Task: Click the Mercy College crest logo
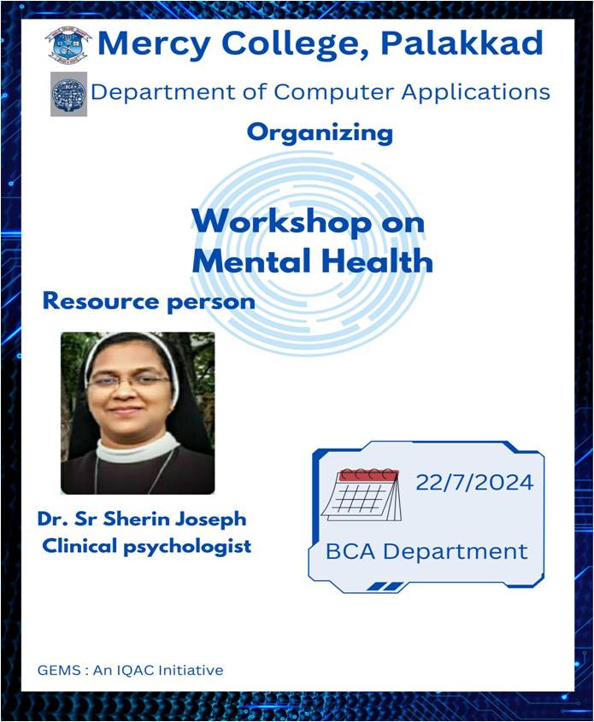pos(68,45)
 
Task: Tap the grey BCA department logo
pos(68,94)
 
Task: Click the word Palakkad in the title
pos(462,43)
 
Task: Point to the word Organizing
pos(320,133)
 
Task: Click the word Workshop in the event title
pos(281,223)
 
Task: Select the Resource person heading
pos(149,302)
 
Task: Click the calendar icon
pos(361,495)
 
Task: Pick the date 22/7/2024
pos(474,483)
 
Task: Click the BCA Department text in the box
pos(426,552)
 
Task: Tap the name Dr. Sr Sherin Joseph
pos(142,519)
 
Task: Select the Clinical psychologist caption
pos(147,547)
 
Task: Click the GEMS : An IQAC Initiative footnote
pos(130,670)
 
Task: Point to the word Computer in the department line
pos(335,92)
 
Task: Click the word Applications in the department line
pos(476,92)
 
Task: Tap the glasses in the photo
pos(128,380)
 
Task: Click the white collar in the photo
pos(138,448)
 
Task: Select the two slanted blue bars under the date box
pos(385,587)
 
